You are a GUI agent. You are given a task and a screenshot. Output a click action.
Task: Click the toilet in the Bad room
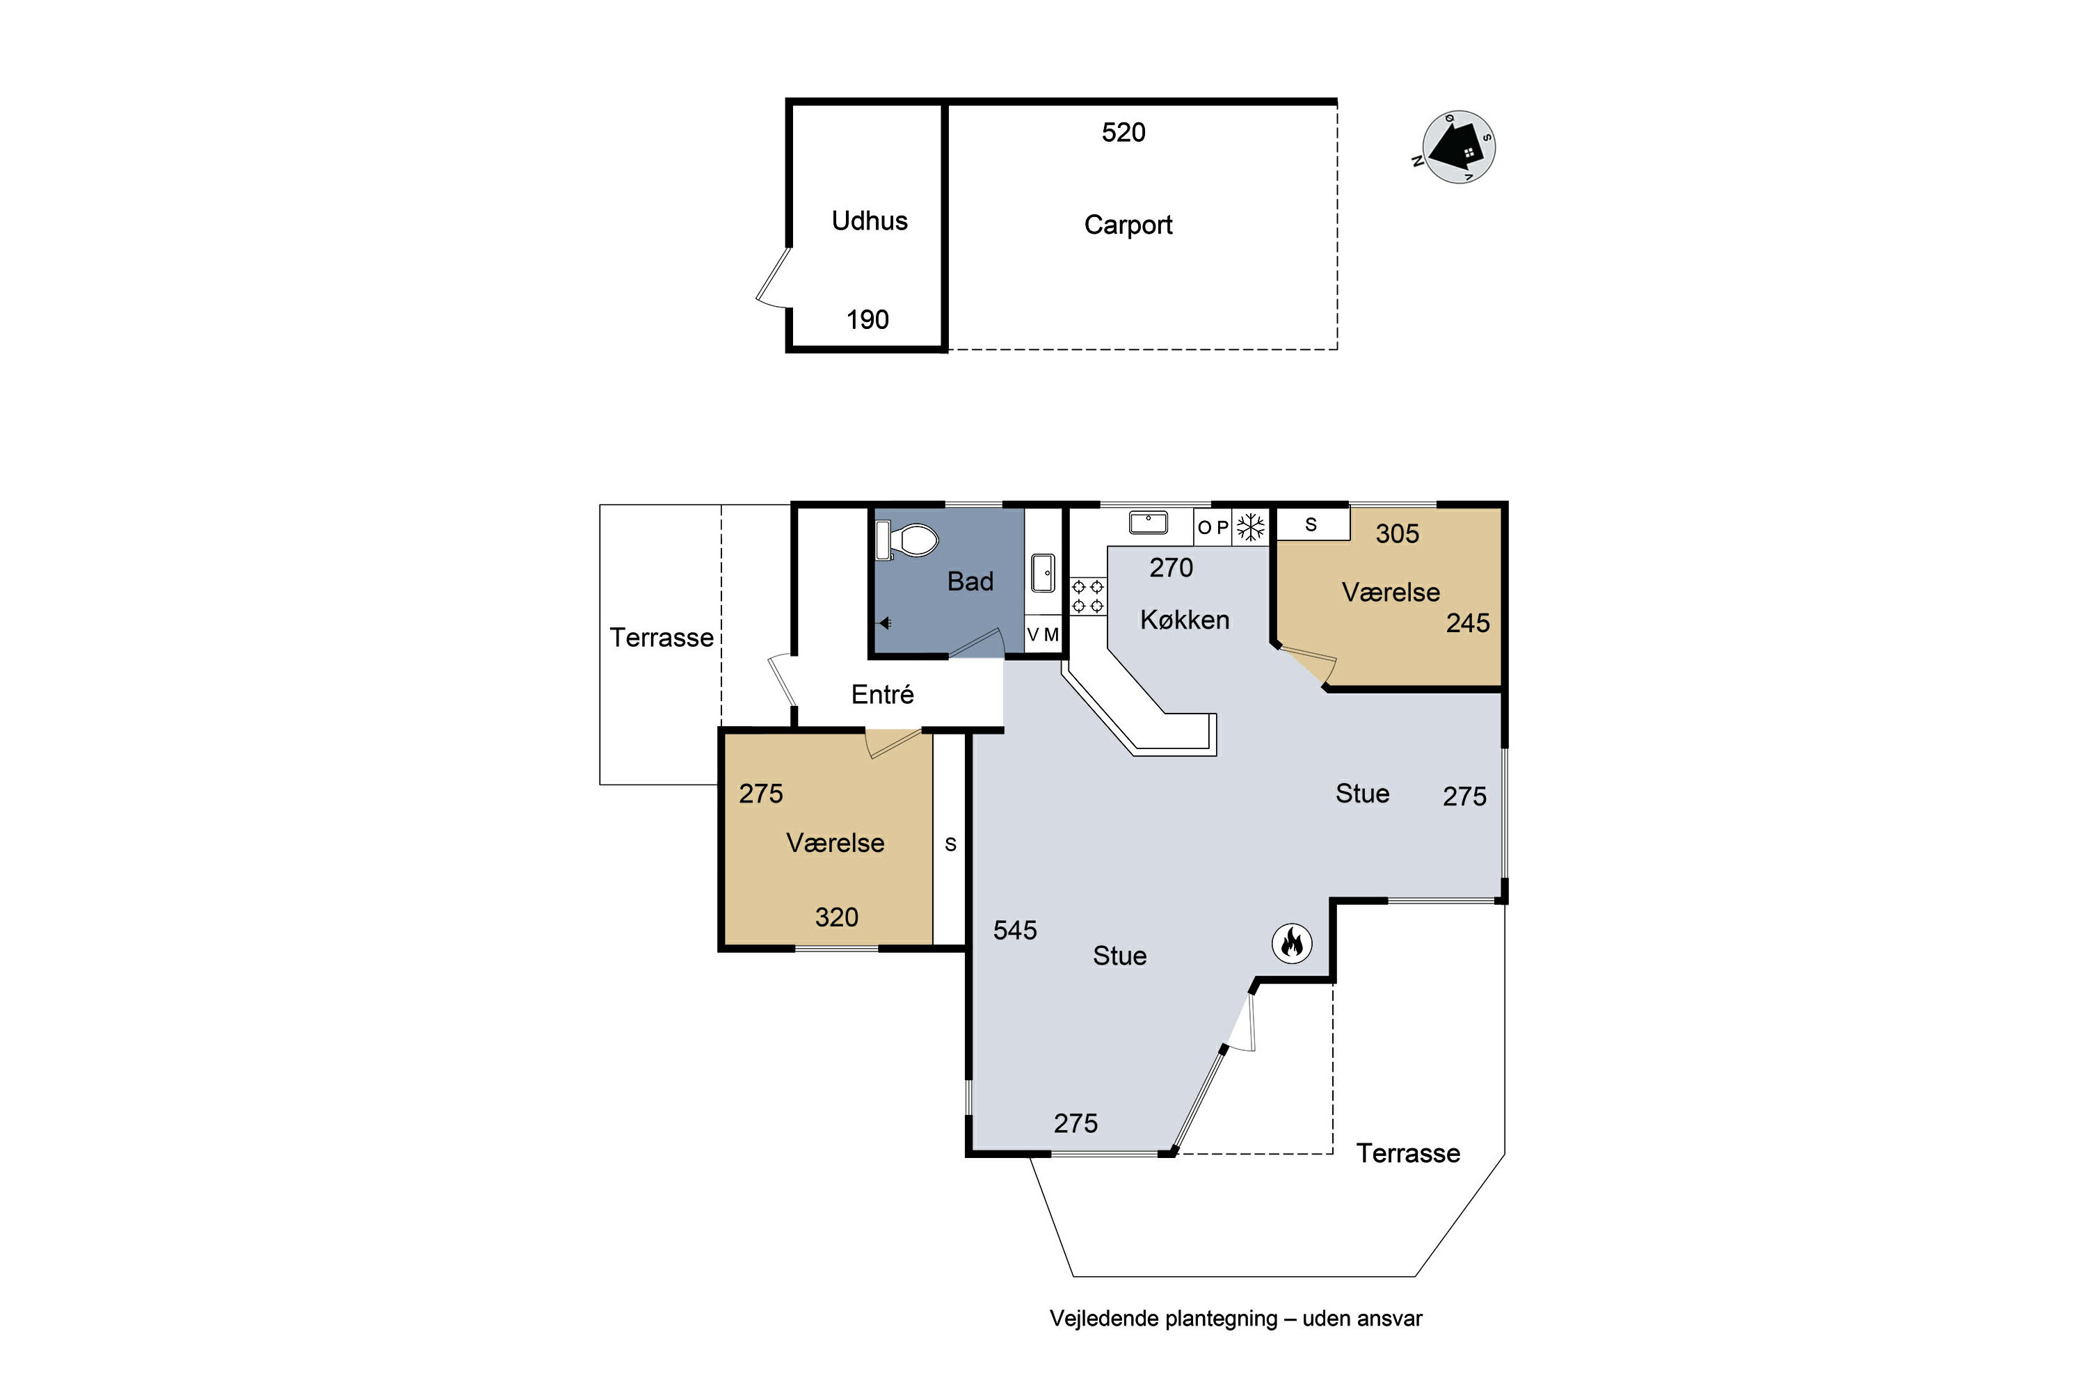[x=907, y=540]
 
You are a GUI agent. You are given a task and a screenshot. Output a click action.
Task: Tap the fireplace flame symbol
[x=1292, y=942]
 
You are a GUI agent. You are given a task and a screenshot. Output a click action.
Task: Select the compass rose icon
[x=1458, y=147]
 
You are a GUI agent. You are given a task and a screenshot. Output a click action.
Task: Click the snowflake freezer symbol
[x=1251, y=527]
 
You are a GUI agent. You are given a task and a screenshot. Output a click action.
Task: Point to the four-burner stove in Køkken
[x=1088, y=596]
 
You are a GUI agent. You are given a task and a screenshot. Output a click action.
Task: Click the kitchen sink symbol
[x=1149, y=522]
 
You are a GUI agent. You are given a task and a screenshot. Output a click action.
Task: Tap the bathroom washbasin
[x=1043, y=572]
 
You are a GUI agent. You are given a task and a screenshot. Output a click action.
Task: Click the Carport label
[x=1128, y=225]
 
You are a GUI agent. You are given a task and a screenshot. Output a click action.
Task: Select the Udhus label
[x=870, y=221]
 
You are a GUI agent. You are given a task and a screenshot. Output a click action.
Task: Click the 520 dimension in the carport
[x=1124, y=133]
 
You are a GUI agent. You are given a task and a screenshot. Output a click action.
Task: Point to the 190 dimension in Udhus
[x=867, y=320]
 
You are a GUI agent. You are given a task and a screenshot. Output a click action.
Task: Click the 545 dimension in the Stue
[x=1015, y=931]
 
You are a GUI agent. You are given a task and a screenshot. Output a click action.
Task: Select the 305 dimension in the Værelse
[x=1398, y=534]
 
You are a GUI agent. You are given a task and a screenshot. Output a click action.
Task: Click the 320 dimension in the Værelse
[x=837, y=917]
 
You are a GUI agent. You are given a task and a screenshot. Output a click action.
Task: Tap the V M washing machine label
[x=1043, y=635]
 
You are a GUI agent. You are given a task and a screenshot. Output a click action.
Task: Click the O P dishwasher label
[x=1213, y=528]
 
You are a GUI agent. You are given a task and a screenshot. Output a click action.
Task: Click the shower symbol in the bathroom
[x=885, y=622]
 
